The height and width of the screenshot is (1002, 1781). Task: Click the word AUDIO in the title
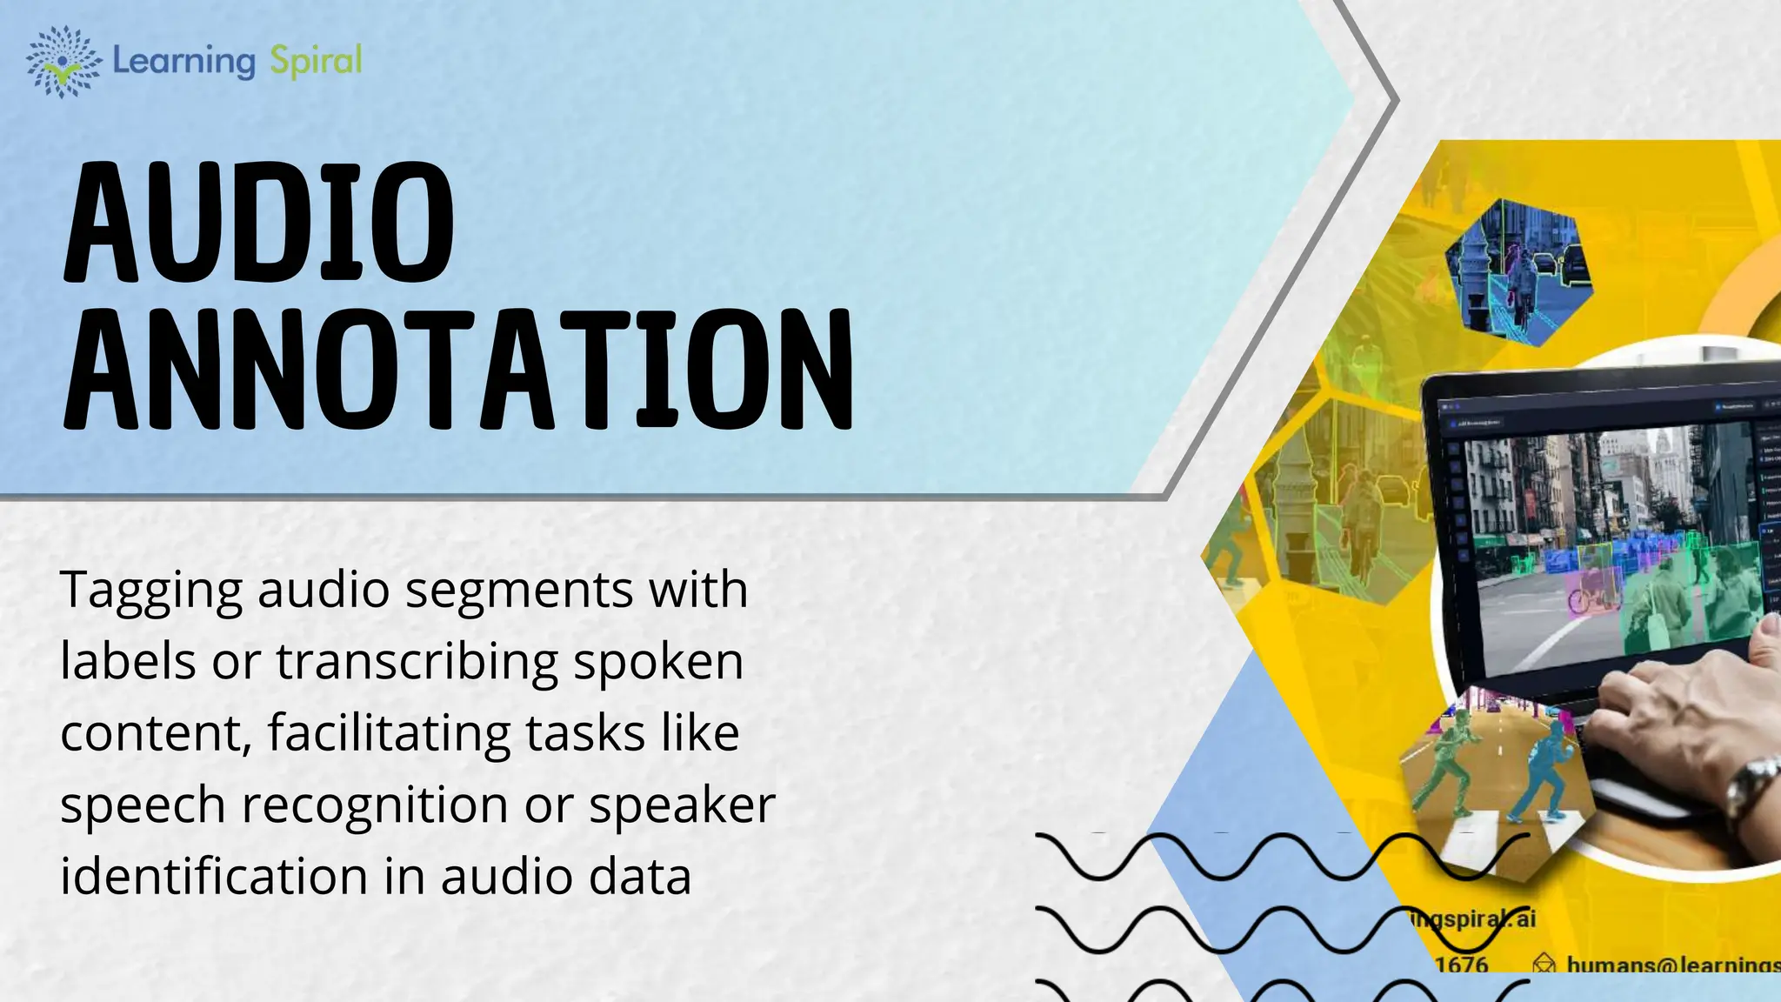point(259,224)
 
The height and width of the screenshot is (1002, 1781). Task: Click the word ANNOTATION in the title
point(458,370)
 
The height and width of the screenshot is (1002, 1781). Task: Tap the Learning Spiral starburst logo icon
point(63,61)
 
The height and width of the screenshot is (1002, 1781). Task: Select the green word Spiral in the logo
point(316,61)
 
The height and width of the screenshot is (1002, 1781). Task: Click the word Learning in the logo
point(183,62)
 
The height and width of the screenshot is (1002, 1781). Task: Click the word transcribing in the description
point(417,663)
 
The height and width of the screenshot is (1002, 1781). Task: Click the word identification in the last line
point(214,876)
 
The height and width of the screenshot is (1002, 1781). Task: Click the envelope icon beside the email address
point(1544,964)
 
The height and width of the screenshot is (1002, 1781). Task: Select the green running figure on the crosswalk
point(1444,765)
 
